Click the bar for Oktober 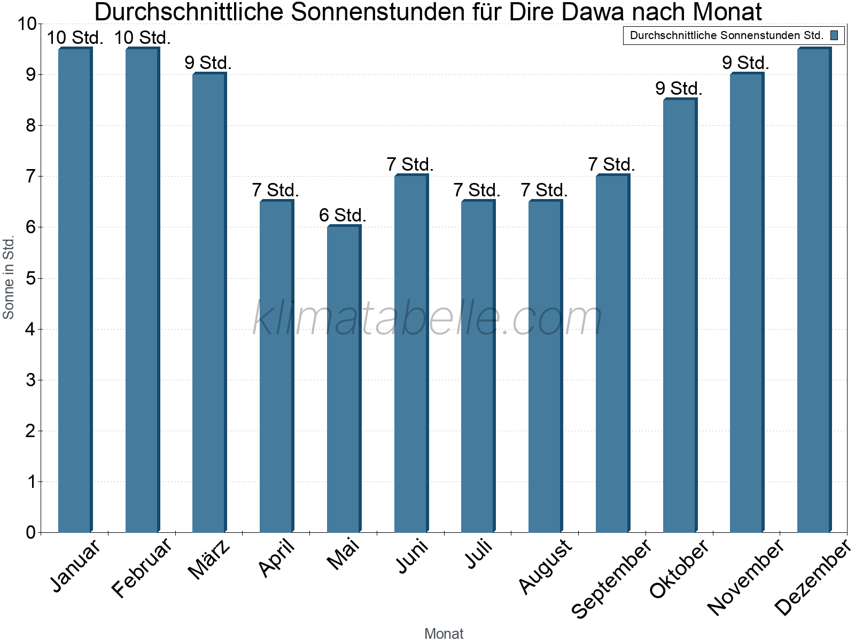pyautogui.click(x=680, y=316)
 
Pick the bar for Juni pyautogui.click(x=411, y=353)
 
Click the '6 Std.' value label pyautogui.click(x=343, y=215)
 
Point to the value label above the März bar pyautogui.click(x=208, y=63)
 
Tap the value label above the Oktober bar pyautogui.click(x=679, y=88)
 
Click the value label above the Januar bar pyautogui.click(x=75, y=37)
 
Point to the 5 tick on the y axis pyautogui.click(x=30, y=278)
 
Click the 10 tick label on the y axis pyautogui.click(x=26, y=24)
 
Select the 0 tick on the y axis pyautogui.click(x=30, y=532)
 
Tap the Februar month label pyautogui.click(x=142, y=567)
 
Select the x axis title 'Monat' pyautogui.click(x=444, y=633)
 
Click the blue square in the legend pyautogui.click(x=834, y=35)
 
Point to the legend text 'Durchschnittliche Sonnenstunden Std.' pyautogui.click(x=726, y=35)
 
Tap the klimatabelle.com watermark pyautogui.click(x=428, y=318)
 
